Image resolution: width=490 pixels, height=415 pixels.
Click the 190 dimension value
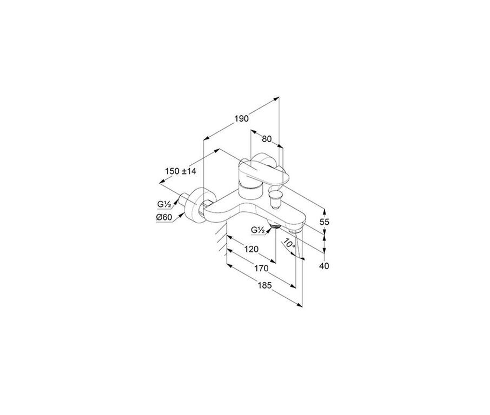pyautogui.click(x=242, y=119)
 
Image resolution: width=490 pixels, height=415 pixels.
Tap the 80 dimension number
pyautogui.click(x=267, y=139)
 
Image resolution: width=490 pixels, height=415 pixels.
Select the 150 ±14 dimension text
pyautogui.click(x=181, y=171)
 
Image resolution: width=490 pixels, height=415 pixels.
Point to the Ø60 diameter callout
pyautogui.click(x=164, y=217)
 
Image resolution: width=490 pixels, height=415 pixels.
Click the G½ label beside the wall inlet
pyautogui.click(x=164, y=205)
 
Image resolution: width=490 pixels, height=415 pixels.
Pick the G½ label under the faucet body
pyautogui.click(x=258, y=230)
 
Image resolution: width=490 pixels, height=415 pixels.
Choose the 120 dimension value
pyautogui.click(x=251, y=249)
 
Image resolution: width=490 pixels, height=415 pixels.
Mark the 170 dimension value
pyautogui.click(x=261, y=268)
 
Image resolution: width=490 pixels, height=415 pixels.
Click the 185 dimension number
pyautogui.click(x=264, y=285)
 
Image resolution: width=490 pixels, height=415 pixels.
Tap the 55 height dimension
pyautogui.click(x=325, y=222)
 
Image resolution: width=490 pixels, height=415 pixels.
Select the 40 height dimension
pyautogui.click(x=325, y=266)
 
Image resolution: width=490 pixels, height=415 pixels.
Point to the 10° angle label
pyautogui.click(x=289, y=244)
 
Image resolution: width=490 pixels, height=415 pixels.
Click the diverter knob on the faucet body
pyautogui.click(x=275, y=200)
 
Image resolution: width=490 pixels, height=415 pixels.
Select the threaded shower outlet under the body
pyautogui.click(x=274, y=226)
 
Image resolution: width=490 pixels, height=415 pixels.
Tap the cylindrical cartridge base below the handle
pyautogui.click(x=249, y=191)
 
